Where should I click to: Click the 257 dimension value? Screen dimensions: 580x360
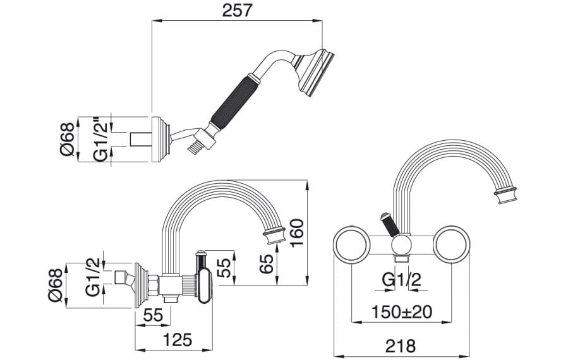[237, 10]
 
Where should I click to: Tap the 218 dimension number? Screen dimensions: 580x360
[401, 346]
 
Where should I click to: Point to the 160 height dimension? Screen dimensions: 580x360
[296, 233]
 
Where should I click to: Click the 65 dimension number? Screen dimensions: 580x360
[267, 263]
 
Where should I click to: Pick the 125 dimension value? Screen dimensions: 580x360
[178, 340]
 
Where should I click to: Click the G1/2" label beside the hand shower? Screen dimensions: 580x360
[100, 140]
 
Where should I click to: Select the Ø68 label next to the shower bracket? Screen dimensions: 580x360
[68, 140]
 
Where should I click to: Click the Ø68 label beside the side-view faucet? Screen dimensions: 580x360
[56, 285]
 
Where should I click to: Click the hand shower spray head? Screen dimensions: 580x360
[315, 73]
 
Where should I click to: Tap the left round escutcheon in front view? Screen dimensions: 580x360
[351, 244]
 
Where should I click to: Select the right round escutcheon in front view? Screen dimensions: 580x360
[451, 244]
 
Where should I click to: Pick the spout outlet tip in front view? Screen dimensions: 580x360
[505, 195]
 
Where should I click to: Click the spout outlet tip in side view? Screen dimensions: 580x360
[274, 236]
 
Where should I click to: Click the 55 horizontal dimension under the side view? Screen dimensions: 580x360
[153, 315]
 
